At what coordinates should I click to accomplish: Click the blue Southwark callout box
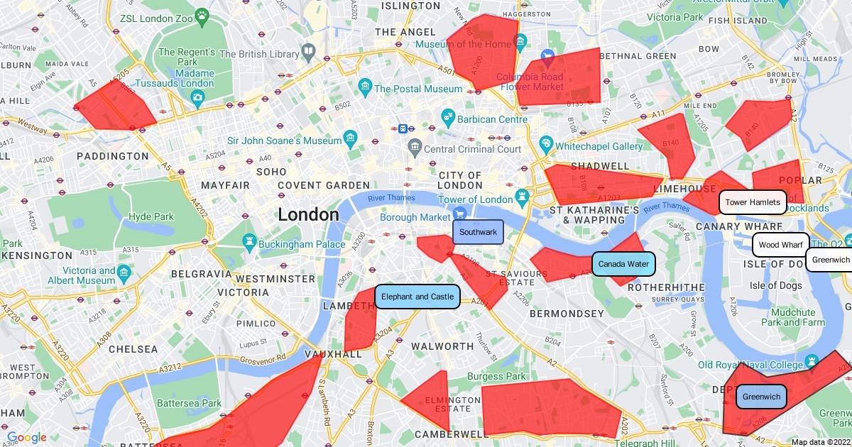click(478, 232)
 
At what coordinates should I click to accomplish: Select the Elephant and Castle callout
click(417, 297)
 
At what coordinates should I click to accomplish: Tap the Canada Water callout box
click(623, 264)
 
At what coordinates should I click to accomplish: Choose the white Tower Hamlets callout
click(753, 202)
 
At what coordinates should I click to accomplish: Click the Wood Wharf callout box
click(780, 245)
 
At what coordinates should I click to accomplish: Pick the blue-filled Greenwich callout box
click(761, 397)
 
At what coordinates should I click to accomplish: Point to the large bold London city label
click(308, 214)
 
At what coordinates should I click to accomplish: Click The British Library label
click(260, 54)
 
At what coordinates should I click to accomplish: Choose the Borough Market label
click(415, 217)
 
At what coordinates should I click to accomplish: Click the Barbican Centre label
click(493, 119)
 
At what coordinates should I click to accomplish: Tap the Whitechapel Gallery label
click(599, 147)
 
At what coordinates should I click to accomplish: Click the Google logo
click(26, 438)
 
